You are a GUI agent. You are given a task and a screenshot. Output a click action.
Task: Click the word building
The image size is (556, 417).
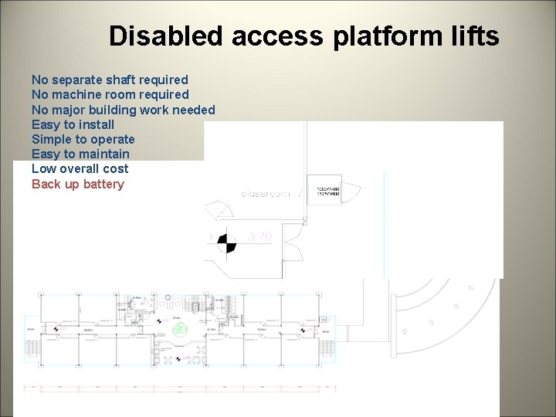110,110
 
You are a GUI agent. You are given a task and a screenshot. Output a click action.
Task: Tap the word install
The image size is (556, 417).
96,124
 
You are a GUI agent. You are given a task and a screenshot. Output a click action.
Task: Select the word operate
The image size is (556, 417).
113,139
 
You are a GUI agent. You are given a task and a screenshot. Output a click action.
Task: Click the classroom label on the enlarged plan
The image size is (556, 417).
266,193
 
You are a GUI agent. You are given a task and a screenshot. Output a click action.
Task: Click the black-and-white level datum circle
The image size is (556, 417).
225,242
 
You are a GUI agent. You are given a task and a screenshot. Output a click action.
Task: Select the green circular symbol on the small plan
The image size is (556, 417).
180,330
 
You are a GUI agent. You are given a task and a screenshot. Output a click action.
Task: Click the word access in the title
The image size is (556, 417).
266,36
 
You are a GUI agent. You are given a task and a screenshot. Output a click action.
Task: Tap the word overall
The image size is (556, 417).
80,168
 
